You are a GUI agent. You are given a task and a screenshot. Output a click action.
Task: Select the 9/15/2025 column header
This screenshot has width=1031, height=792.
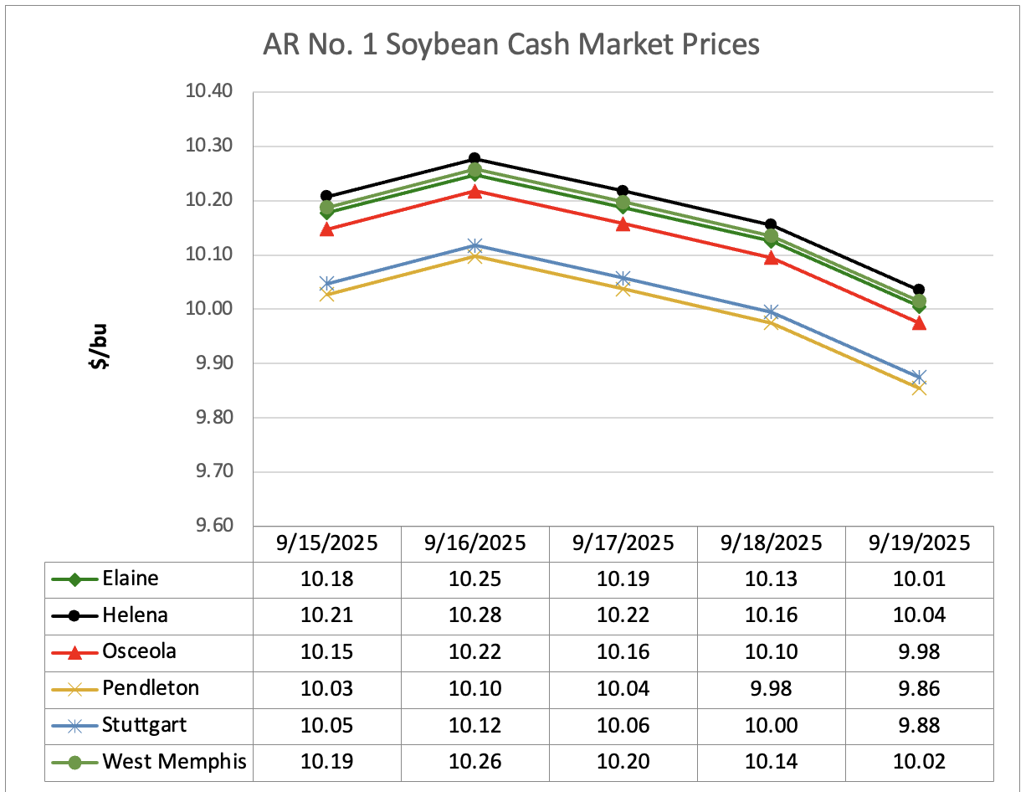click(327, 543)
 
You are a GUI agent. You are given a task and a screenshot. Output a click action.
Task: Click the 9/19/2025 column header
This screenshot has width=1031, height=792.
click(919, 543)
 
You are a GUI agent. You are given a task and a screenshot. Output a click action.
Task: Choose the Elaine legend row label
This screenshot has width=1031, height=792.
click(130, 578)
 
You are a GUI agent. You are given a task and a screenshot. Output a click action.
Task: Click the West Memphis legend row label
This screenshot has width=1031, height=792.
click(175, 762)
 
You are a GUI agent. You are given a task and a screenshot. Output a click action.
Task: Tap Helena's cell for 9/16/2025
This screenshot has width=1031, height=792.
click(474, 615)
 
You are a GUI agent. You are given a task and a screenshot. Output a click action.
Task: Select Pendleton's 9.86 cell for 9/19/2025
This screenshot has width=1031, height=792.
click(919, 689)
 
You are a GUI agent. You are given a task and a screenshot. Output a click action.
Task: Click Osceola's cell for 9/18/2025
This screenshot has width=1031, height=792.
click(771, 652)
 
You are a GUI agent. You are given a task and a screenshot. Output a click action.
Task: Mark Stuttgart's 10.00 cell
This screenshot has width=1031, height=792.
click(771, 726)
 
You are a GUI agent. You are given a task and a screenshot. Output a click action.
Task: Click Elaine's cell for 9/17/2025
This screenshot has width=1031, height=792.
click(623, 579)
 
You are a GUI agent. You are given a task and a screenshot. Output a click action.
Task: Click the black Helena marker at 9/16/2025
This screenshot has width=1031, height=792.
click(474, 158)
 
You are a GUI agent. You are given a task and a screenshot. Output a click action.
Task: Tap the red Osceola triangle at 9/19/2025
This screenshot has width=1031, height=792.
click(919, 322)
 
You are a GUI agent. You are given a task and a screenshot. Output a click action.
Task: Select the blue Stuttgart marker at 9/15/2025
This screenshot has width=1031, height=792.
click(327, 284)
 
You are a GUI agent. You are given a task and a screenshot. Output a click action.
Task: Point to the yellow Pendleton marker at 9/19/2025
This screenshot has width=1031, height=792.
click(919, 388)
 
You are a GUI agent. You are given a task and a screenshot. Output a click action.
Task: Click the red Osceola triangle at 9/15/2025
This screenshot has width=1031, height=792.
click(327, 229)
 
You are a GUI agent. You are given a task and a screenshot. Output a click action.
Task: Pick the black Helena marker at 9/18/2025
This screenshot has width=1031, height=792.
click(771, 224)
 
